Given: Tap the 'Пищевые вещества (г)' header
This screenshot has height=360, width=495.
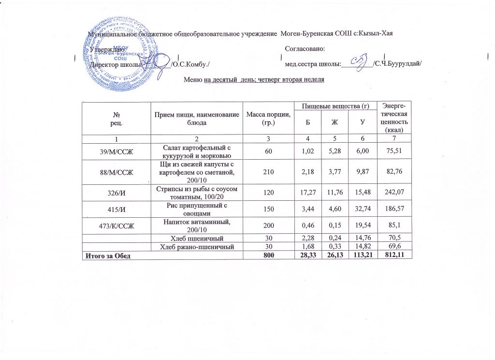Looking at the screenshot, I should click(335, 105).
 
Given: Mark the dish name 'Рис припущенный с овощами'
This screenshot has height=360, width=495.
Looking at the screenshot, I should click(196, 211).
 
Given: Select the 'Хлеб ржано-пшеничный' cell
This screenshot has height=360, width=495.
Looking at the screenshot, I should click(196, 247).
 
